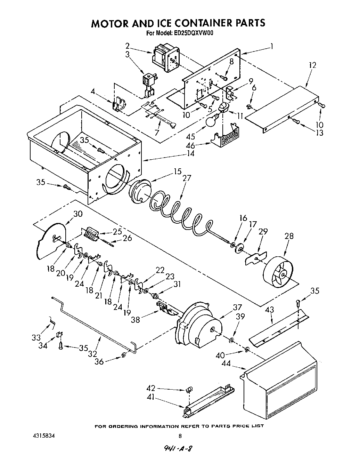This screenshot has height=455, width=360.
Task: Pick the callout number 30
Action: coord(78,214)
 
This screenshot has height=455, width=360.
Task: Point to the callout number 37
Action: coord(237,307)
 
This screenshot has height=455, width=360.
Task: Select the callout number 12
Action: coord(312,65)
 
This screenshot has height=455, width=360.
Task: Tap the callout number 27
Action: coord(187,178)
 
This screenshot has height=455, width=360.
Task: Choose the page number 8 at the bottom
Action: coord(180,436)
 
